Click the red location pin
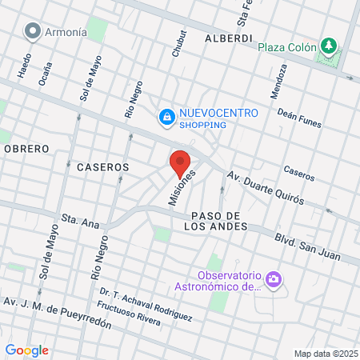(180, 162)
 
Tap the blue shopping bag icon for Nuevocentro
(166, 118)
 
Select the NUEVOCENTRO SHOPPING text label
(218, 118)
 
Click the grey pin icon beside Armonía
(33, 31)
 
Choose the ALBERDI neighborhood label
(229, 38)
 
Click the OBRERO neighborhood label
(26, 149)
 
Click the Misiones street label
(182, 188)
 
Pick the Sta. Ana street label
(78, 219)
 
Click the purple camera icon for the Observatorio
(274, 278)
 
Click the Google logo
(26, 350)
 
